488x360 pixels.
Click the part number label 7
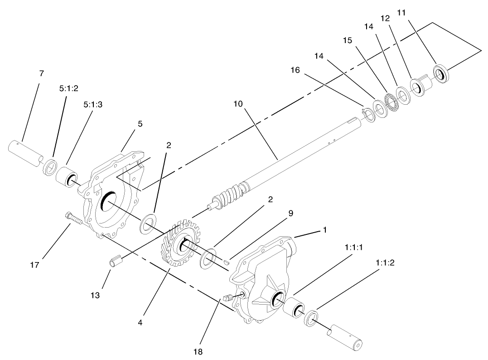click(x=42, y=73)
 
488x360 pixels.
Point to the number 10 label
click(x=238, y=104)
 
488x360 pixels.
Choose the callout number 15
click(x=347, y=40)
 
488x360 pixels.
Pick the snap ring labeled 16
click(x=368, y=115)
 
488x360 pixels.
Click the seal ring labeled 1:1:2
click(x=311, y=318)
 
